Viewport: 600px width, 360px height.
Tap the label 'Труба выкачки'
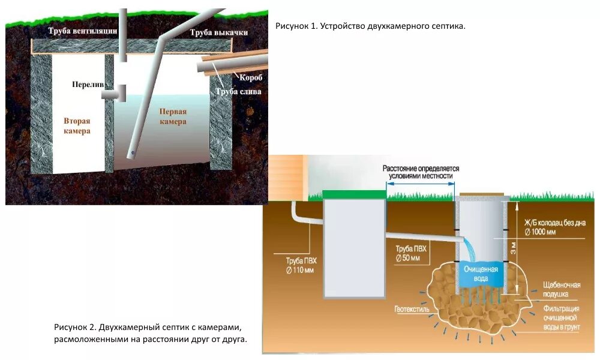coord(219,32)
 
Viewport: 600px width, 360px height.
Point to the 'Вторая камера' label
coord(77,125)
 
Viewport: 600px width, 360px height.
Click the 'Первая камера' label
coord(173,116)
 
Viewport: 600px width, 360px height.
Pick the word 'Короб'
coord(250,78)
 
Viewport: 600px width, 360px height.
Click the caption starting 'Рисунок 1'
coord(370,27)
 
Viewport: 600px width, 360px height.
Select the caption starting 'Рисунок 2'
coord(150,333)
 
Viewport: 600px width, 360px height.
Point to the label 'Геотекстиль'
coord(412,310)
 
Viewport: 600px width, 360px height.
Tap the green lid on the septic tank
coord(354,194)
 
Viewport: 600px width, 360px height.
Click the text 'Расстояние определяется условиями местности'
coord(421,172)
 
